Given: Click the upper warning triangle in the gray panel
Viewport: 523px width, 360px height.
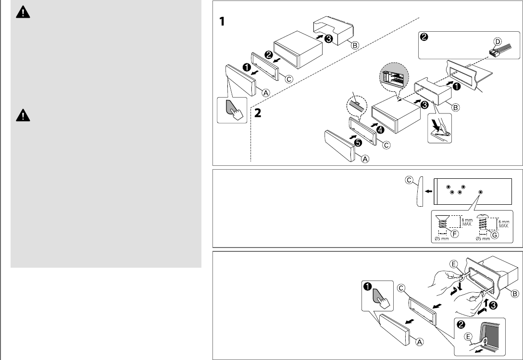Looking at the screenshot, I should coord(22,13).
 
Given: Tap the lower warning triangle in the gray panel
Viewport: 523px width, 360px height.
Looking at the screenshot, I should coord(22,115).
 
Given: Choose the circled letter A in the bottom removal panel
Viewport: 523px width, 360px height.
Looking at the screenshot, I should coord(419,342).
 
